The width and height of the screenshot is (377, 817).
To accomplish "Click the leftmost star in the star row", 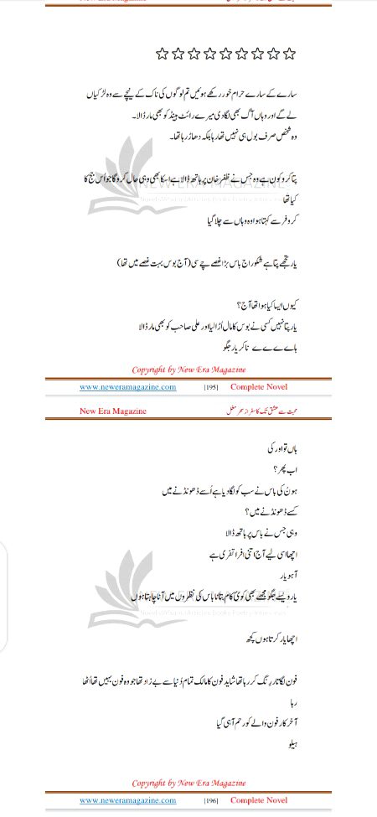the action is coord(163,54).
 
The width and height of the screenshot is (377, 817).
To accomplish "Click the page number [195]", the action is coord(212,387).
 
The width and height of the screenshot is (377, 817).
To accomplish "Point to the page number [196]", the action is coord(212,802).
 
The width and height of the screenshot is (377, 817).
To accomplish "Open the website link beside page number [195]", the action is coord(128,387).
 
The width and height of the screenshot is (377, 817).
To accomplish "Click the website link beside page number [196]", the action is coord(128,802).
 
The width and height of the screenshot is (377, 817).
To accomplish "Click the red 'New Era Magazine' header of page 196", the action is coord(113,411).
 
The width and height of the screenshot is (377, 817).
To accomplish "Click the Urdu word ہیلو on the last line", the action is coord(292,744).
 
